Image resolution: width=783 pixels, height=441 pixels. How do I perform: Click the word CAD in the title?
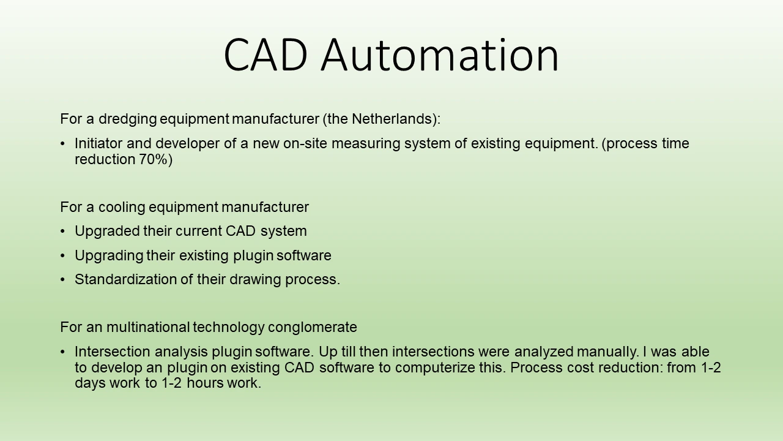(265, 55)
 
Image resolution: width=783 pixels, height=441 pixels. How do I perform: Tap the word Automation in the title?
(440, 55)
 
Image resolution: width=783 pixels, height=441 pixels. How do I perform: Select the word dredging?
(128, 119)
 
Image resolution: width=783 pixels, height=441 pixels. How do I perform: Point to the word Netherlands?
(392, 119)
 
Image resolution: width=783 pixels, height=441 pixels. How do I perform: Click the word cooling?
(122, 207)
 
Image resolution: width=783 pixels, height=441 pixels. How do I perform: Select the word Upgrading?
(109, 256)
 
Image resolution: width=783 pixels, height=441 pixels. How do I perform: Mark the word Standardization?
(125, 279)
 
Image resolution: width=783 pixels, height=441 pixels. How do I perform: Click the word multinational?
(148, 327)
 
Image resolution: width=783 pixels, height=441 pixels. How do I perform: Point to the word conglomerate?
(313, 328)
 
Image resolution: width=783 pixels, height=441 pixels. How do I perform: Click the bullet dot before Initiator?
(62, 144)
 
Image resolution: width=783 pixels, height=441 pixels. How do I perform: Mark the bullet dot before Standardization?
(62, 280)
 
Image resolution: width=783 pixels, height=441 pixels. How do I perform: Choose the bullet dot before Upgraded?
(62, 232)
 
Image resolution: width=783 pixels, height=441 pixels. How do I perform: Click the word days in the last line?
(90, 383)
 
